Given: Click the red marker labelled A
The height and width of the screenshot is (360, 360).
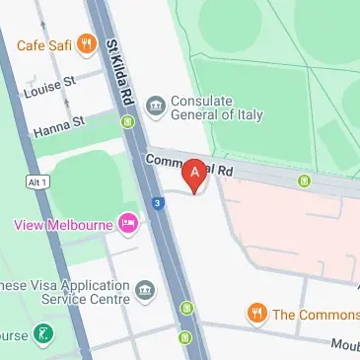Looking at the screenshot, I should coord(195,174).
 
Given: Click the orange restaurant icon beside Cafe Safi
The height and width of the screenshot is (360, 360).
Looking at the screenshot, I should coord(86,43).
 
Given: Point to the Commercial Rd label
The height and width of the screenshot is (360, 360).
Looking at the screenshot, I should coord(186,163).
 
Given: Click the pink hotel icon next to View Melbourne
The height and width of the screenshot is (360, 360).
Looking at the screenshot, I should coord(127,225).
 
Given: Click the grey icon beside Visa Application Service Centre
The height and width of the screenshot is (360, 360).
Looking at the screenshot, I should coord(146,290).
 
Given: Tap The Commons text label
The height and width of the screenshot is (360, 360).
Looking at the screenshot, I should coord(316,315).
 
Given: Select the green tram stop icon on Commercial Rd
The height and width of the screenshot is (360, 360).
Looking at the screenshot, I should coord(305,180).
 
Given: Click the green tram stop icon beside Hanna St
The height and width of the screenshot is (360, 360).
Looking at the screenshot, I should coord(127,122).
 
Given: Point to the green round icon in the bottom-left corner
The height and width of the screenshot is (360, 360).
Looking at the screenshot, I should coord(41,333).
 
